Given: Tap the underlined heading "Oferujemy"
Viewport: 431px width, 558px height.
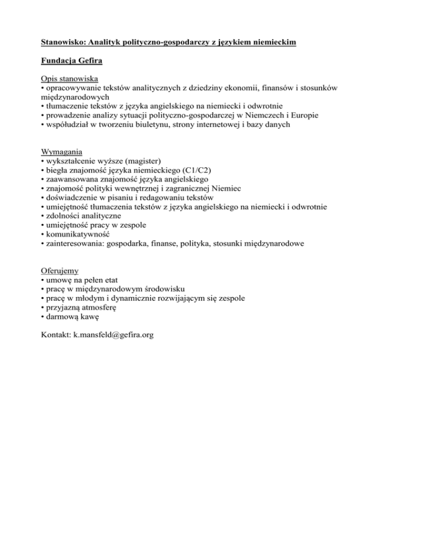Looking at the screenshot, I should point(61,270).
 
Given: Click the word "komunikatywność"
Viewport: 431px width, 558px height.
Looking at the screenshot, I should point(77,234).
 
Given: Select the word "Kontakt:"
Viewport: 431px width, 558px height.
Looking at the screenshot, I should point(57,335).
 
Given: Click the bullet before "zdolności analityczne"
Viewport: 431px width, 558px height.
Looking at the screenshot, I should point(43,216).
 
